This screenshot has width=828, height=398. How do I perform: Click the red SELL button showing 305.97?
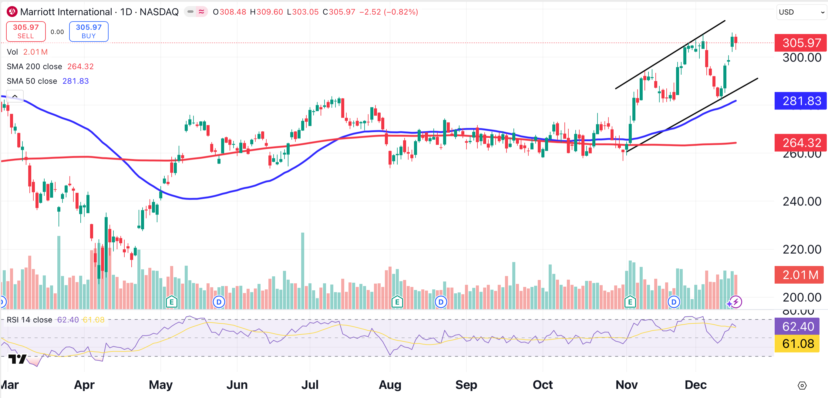[26, 32]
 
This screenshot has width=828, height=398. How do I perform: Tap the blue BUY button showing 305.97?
[89, 32]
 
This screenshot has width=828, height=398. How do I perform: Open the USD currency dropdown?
[801, 12]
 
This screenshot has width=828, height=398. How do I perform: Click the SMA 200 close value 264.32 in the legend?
[80, 66]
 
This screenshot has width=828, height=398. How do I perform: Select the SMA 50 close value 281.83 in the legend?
[76, 81]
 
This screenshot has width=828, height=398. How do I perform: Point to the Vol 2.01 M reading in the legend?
[35, 52]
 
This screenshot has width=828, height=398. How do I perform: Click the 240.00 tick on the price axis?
[802, 201]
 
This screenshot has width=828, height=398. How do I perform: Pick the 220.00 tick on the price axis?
[802, 249]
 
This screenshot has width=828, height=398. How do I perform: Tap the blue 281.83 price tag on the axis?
[800, 101]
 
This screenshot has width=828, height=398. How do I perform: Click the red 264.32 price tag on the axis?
[800, 142]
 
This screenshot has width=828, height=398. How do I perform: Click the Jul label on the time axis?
[310, 385]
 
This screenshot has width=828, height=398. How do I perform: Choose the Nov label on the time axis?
[627, 385]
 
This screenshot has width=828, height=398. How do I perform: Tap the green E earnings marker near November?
[630, 302]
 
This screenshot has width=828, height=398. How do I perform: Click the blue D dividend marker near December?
[674, 302]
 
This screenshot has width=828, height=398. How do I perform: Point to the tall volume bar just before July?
[302, 270]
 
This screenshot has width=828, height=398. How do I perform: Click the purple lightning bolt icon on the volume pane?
[736, 302]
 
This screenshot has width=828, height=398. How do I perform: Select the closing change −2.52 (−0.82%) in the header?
[389, 12]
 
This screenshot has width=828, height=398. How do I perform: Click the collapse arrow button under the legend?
[15, 96]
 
